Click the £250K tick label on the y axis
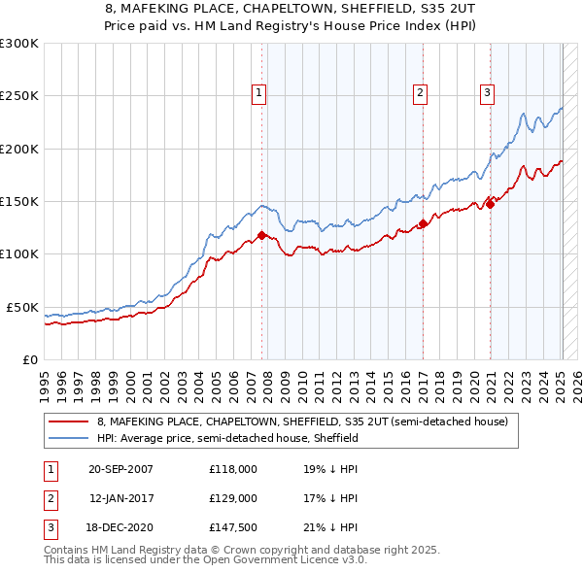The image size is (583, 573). click(19, 96)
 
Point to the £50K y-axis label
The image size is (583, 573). click(22, 307)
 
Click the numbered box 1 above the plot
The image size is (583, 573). click(259, 93)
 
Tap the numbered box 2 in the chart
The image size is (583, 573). click(420, 93)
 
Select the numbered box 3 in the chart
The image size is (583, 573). click(486, 93)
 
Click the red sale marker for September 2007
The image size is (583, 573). click(262, 235)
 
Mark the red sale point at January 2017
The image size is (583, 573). click(424, 223)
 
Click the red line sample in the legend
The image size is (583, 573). click(70, 422)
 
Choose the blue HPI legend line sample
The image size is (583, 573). click(70, 438)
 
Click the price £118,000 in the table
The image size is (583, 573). click(232, 469)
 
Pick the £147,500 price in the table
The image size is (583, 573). click(232, 527)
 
